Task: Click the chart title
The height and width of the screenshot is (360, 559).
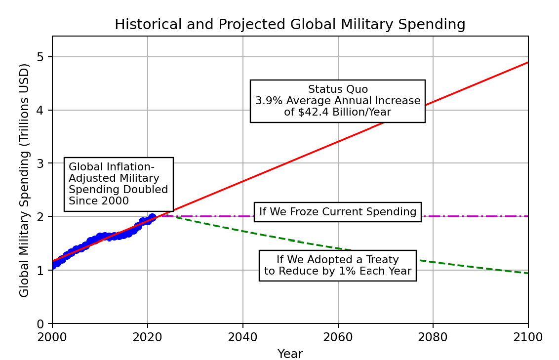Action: tap(290, 25)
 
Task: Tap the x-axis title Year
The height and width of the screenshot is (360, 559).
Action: tap(290, 354)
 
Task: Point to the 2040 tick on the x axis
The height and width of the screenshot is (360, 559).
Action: tap(242, 337)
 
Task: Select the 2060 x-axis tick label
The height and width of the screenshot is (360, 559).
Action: tap(338, 337)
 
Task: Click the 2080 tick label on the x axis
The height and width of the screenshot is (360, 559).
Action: tap(433, 337)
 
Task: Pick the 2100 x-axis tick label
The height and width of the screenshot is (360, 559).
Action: tap(528, 337)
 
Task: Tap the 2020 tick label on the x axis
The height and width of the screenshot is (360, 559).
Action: tap(147, 337)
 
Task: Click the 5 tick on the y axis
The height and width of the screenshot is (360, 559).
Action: tap(41, 57)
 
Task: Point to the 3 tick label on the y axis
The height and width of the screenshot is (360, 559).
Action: tap(41, 163)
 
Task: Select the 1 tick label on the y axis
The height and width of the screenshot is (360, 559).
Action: tap(41, 270)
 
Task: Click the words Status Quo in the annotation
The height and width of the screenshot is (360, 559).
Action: tap(338, 89)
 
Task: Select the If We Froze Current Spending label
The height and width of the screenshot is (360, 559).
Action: tap(338, 212)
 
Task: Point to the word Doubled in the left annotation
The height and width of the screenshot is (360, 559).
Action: tap(148, 190)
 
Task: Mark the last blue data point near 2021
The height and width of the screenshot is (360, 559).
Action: tap(152, 217)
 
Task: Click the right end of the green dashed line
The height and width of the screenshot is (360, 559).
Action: tap(528, 273)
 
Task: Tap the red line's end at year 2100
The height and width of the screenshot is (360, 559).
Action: tap(528, 62)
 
